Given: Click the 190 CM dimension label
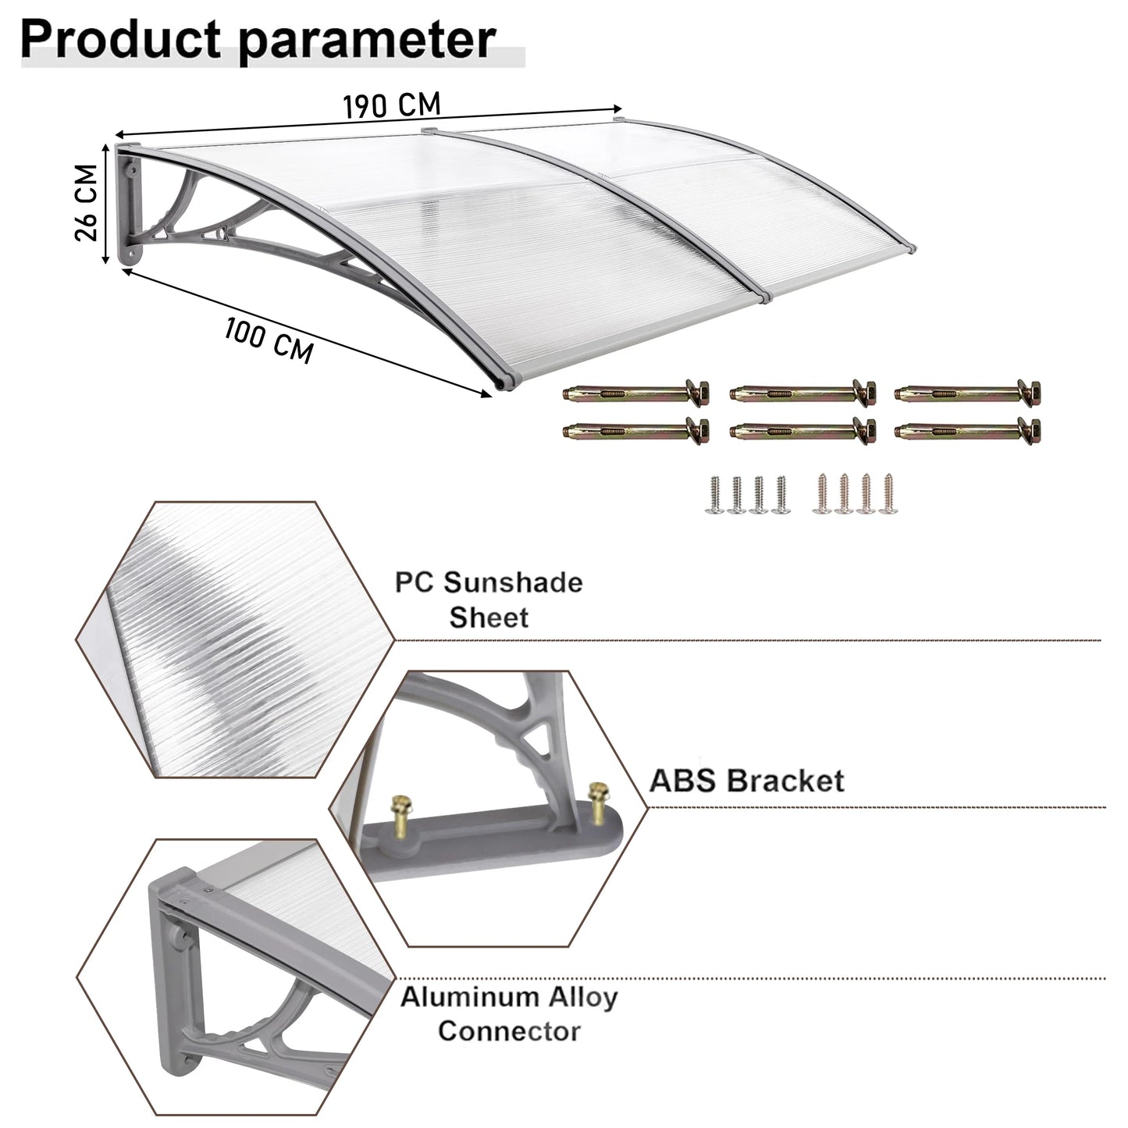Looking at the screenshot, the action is pos(392,105).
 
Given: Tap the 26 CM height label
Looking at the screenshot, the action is pos(86,202).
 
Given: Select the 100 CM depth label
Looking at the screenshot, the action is pos(269,341).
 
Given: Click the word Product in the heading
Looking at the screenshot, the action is pos(120,39).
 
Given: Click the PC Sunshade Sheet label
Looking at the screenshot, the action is pos(489,600).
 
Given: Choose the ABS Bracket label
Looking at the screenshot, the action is pos(747,781).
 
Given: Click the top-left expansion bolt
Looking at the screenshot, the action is pos(635,393).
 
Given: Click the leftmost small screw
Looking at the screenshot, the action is pos(715,495).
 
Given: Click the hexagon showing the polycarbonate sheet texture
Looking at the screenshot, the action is pos(236,639).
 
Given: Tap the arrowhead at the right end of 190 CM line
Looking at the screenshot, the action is pos(617,108).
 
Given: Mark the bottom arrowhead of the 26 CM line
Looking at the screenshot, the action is pos(105,259).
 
